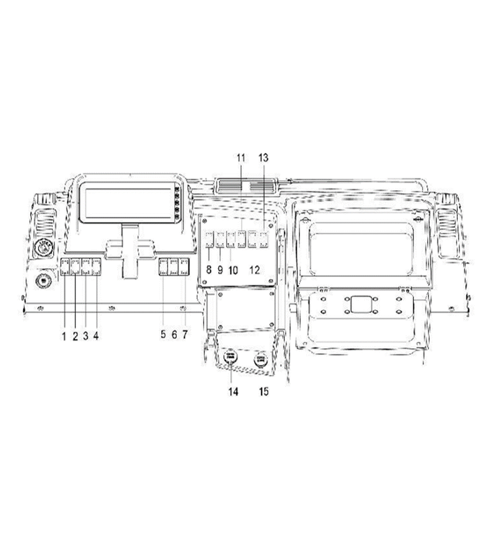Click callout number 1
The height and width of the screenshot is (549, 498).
64,336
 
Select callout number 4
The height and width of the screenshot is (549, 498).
96,336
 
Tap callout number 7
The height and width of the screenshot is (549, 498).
184,335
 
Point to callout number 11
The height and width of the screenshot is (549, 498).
241,157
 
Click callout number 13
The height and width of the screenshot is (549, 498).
263,157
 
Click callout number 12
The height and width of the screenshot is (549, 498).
255,270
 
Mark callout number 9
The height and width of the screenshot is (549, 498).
220,270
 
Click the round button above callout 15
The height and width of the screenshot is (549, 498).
261,358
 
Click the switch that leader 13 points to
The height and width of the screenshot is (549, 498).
264,239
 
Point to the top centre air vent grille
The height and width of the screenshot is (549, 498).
246,187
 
